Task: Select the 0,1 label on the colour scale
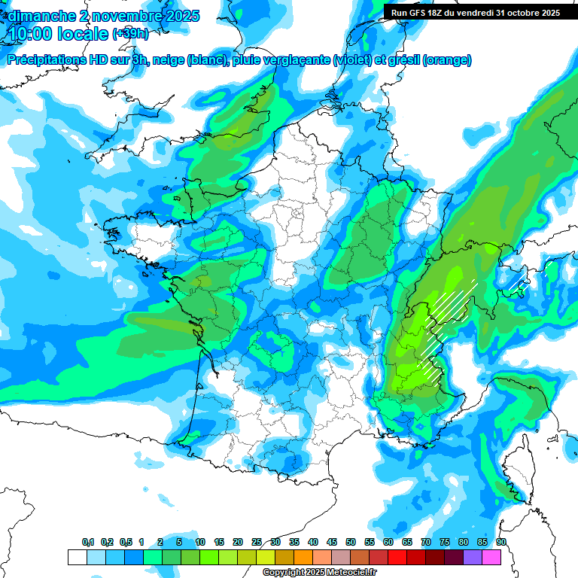88,542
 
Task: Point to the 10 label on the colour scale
200,542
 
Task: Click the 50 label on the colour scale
351,542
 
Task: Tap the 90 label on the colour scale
500,542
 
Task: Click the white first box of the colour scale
77,557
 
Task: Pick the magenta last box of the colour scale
491,557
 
